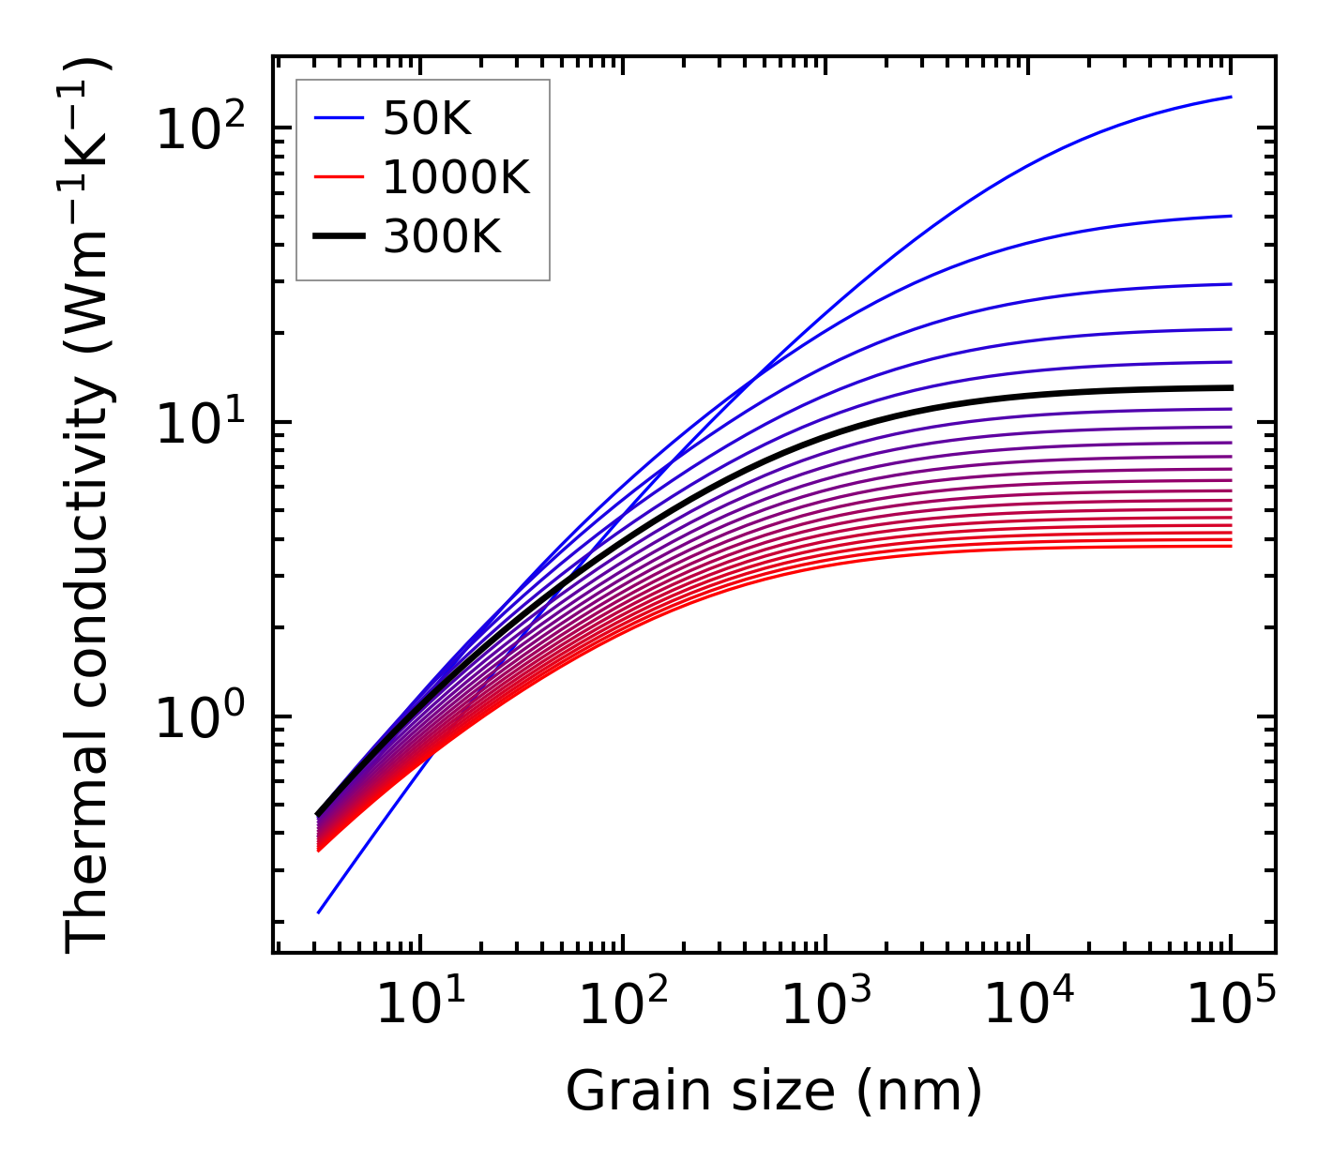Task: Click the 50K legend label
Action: [x=427, y=118]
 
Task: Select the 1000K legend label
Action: [x=456, y=177]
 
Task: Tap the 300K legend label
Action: [x=442, y=237]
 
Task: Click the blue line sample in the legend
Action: [x=338, y=118]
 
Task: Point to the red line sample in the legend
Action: [x=338, y=177]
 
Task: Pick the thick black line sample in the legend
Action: [x=338, y=237]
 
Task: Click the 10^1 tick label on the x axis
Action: [x=419, y=1005]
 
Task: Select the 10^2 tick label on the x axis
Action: [x=622, y=1005]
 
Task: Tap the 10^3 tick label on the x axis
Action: [x=825, y=1005]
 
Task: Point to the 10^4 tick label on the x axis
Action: [x=1027, y=1005]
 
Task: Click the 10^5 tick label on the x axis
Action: [x=1230, y=1005]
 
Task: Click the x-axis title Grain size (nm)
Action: [x=774, y=1092]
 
